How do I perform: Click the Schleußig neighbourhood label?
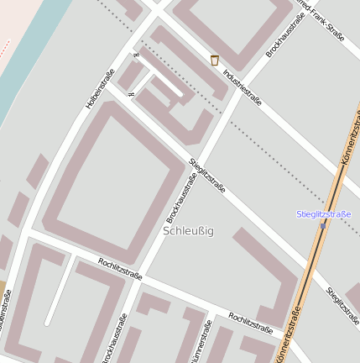tap(188, 230)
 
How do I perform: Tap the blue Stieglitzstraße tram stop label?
tap(323, 214)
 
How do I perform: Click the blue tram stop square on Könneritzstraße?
tap(322, 225)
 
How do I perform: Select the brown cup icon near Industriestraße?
tap(214, 60)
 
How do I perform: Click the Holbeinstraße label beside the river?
tap(99, 88)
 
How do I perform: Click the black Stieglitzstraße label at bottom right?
tap(343, 308)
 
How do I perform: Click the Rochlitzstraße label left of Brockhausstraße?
tap(119, 269)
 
